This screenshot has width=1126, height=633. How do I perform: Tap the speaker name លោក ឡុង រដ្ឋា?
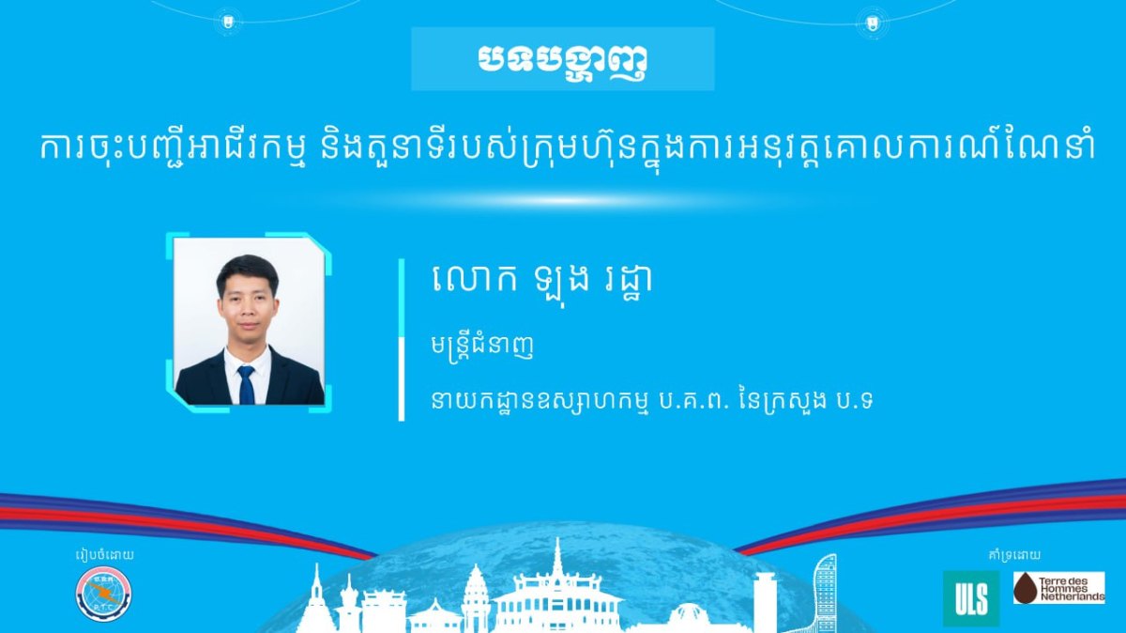click(x=542, y=280)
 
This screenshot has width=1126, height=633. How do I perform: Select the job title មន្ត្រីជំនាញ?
click(x=482, y=347)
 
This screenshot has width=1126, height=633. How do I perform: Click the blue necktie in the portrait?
click(x=246, y=385)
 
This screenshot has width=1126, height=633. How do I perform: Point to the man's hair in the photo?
click(x=248, y=270)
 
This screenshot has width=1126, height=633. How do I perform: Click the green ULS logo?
click(x=971, y=598)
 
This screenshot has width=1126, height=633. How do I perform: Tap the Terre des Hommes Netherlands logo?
click(x=1059, y=588)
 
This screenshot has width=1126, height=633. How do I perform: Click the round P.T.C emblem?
click(x=103, y=594)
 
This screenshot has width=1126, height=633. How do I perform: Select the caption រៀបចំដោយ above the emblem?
click(x=104, y=555)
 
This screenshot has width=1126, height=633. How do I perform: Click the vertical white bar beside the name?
click(x=402, y=340)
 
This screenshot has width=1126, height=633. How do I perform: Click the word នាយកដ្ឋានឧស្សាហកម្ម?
click(x=540, y=402)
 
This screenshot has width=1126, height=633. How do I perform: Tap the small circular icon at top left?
click(x=228, y=22)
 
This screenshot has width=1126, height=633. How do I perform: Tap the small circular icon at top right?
click(x=872, y=23)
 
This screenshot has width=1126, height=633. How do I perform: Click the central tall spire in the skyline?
click(x=557, y=560)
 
